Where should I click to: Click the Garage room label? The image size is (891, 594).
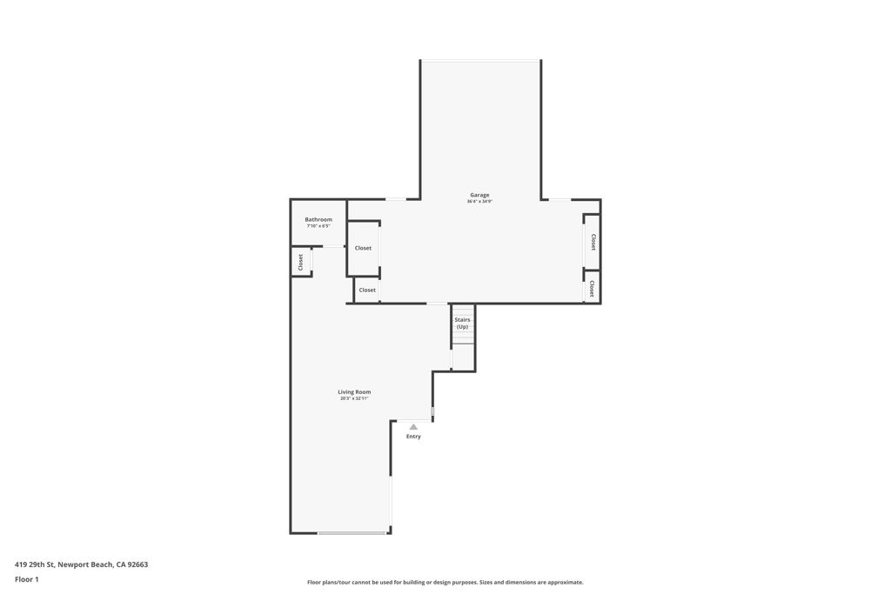coord(479,195)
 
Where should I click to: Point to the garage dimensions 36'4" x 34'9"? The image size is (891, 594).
coord(479,202)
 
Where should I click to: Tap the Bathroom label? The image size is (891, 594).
coord(318,219)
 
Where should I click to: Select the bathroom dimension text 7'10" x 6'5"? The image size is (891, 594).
coord(318,226)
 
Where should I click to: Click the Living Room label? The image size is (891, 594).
coord(354,392)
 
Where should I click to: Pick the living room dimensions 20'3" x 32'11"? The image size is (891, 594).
coord(354,398)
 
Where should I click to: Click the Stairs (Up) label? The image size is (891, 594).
coord(462,323)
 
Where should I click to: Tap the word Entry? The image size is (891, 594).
coord(413,437)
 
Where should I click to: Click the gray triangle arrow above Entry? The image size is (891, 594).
coord(413,427)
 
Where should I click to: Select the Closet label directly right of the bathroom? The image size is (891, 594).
coord(363,248)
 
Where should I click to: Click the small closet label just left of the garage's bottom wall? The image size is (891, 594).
coord(367,290)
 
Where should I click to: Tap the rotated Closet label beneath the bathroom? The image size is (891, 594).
coord(301,262)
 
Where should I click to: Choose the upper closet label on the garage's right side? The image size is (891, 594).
coord(593,242)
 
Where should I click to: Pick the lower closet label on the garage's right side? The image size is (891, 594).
coord(592,288)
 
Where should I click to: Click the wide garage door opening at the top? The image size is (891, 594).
coord(480,61)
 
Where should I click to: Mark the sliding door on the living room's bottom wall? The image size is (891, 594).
coord(352,532)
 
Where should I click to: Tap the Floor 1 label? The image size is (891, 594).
coord(27,579)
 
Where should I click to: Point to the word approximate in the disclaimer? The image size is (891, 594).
coord(560,583)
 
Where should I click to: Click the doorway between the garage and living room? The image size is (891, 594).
coord(438,304)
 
